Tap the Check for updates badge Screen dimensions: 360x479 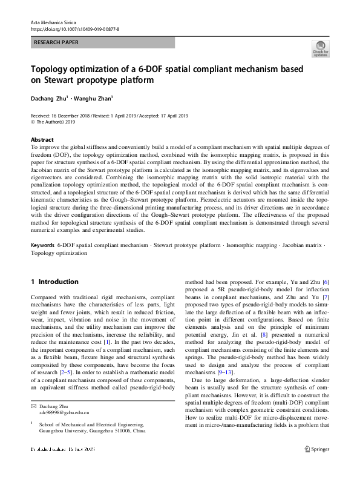320,48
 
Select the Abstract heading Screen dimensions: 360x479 42,139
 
